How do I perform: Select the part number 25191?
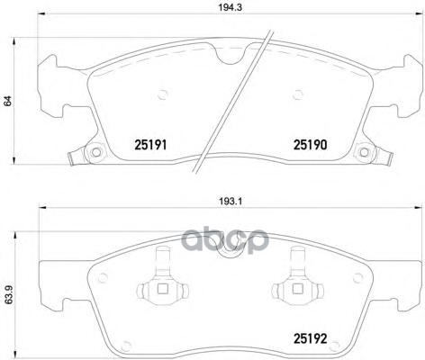click(150, 144)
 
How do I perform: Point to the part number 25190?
click(308, 144)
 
